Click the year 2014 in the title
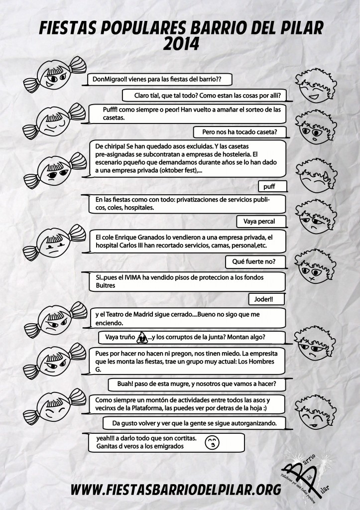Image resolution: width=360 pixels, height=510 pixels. coord(180,44)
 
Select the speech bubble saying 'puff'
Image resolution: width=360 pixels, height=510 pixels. coord(273,187)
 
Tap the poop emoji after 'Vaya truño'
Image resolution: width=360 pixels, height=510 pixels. coord(142,338)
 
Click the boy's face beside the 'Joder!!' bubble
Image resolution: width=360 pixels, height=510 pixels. coord(313,264)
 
